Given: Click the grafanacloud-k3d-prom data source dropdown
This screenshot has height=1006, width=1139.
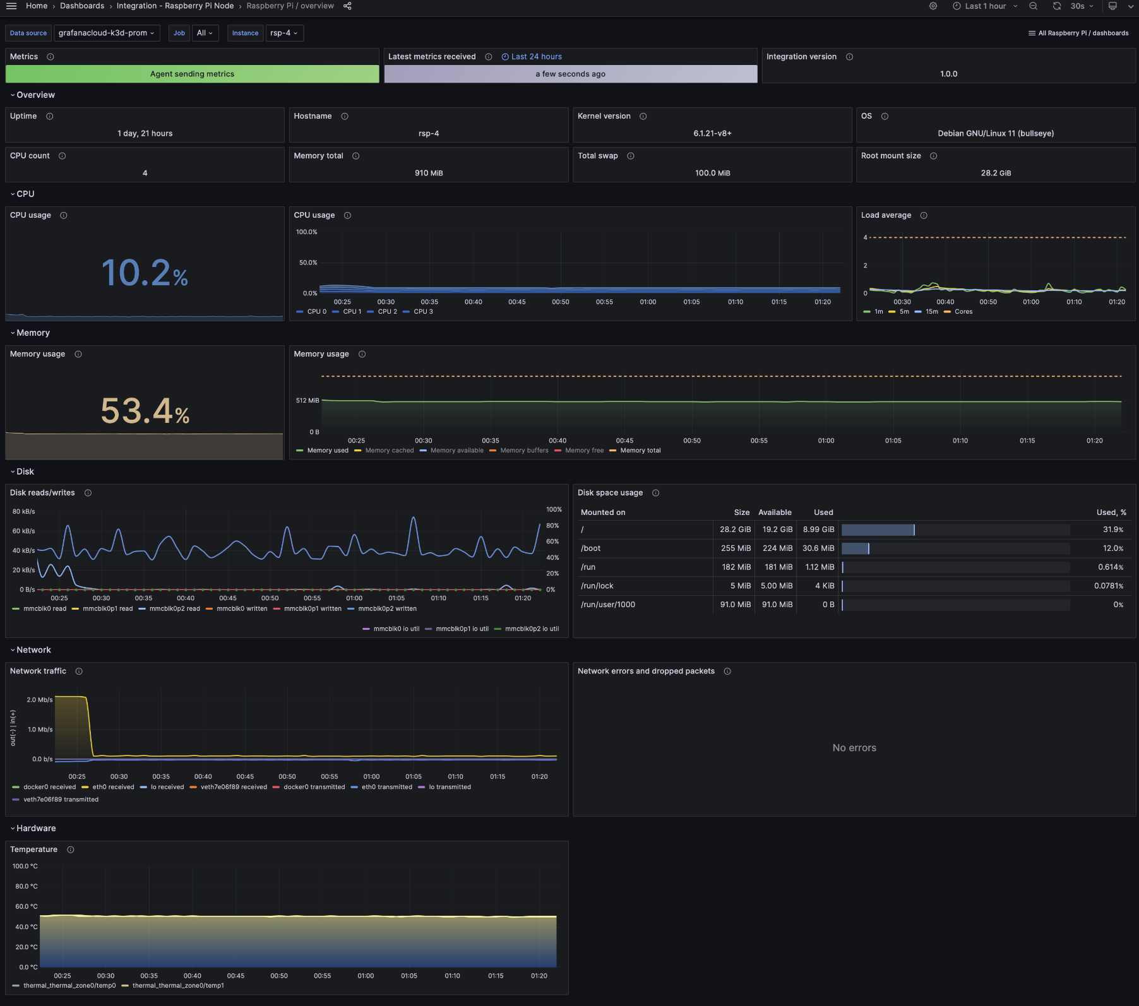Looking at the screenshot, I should [x=107, y=33].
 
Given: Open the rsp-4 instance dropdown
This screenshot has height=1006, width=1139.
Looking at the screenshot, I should [x=284, y=33].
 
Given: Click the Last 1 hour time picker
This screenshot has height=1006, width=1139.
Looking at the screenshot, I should [x=985, y=6].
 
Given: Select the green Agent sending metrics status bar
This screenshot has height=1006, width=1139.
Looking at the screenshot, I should [x=192, y=74].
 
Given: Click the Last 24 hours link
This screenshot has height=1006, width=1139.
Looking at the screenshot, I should [x=536, y=57].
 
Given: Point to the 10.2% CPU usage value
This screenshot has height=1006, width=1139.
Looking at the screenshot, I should [x=145, y=273].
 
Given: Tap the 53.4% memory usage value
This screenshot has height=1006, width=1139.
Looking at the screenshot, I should [x=145, y=411].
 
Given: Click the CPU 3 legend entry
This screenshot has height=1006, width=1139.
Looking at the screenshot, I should [x=423, y=312].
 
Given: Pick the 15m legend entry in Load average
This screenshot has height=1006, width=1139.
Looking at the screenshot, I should [x=931, y=312].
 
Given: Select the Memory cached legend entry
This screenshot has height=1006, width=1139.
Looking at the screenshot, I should [x=389, y=451].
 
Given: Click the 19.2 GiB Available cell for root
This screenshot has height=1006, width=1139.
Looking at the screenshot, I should [x=777, y=530].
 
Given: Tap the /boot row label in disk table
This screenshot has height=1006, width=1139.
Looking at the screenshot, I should [x=590, y=548].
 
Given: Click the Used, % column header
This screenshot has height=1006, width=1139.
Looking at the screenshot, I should [x=1111, y=512].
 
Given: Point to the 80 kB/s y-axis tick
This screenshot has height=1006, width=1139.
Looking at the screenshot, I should [x=23, y=512].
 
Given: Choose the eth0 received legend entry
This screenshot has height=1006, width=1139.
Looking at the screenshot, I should [x=113, y=787].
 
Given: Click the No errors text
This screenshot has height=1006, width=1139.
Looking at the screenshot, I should [x=854, y=748].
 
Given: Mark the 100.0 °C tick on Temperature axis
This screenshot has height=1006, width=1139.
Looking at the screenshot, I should [x=25, y=867].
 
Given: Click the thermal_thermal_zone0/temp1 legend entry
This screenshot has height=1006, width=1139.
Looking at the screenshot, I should [x=177, y=986].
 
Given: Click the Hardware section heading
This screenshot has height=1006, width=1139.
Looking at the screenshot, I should [x=36, y=829].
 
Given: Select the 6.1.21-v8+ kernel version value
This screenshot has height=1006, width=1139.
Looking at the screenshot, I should [x=712, y=134].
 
